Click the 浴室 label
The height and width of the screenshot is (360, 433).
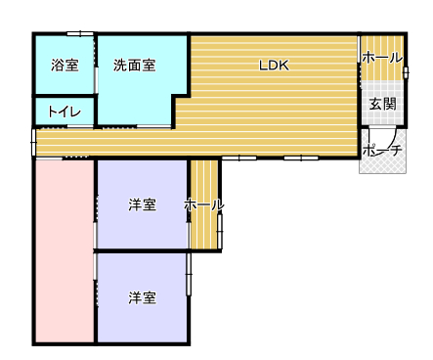[x=65, y=66]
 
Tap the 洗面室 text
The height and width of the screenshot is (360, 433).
[x=134, y=66]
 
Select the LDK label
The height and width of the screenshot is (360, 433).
[x=274, y=66]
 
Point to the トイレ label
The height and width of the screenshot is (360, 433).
[x=65, y=112]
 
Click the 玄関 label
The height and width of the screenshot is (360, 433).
[x=383, y=104]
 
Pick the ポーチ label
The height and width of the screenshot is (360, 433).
[x=382, y=151]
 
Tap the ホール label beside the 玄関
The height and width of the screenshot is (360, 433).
[x=382, y=58]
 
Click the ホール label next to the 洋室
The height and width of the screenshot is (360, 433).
[x=204, y=205]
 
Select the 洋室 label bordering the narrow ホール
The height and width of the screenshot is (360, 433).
[x=142, y=205]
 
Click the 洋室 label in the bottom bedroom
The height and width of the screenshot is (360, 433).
[x=142, y=297]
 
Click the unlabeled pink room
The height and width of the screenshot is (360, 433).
[x=65, y=250]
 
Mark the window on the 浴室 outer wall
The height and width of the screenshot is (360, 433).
[x=80, y=33]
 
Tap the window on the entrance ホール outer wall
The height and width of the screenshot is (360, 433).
[x=406, y=72]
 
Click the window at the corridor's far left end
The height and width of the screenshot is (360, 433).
[x=33, y=142]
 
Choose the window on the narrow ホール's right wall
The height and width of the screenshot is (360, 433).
[x=220, y=231]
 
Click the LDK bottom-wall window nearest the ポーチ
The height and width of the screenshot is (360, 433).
[x=301, y=158]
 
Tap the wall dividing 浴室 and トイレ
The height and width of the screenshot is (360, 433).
[x=65, y=96]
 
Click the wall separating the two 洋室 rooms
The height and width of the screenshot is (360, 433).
[x=142, y=250]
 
